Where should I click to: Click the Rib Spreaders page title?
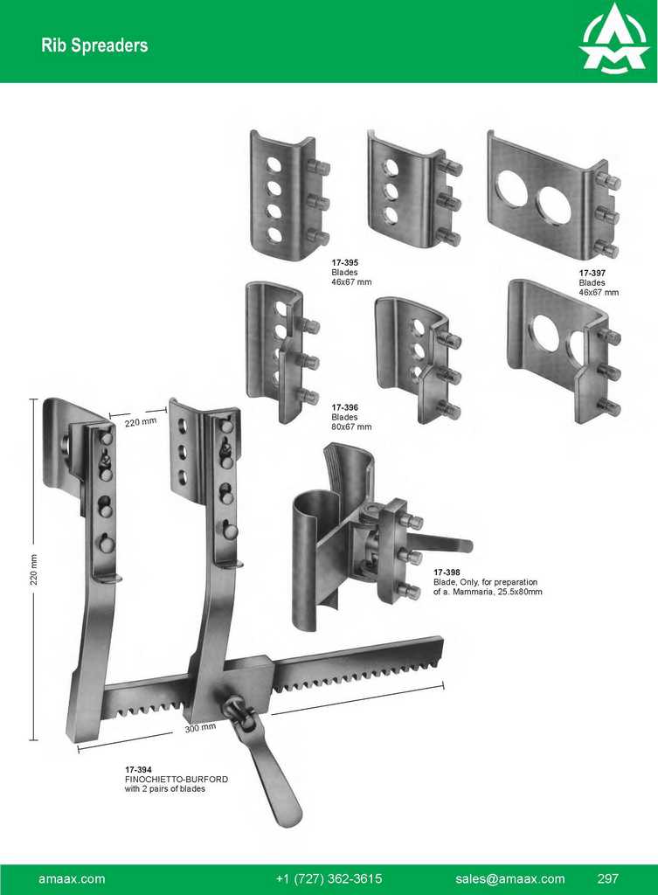click(94, 45)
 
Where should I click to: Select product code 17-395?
click(344, 262)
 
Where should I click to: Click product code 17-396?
click(344, 407)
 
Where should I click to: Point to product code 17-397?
click(592, 273)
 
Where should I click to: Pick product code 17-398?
click(447, 572)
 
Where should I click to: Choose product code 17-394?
click(138, 769)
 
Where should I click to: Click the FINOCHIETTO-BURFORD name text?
click(176, 779)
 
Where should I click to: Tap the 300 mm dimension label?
click(200, 727)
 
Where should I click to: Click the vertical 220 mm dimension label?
click(34, 572)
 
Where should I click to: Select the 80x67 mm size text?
click(351, 427)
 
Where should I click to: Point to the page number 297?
click(608, 878)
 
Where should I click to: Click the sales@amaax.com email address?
click(509, 878)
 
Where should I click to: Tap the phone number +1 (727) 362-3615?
click(329, 878)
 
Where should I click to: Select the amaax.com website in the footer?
click(72, 878)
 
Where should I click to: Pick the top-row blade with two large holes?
click(551, 197)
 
